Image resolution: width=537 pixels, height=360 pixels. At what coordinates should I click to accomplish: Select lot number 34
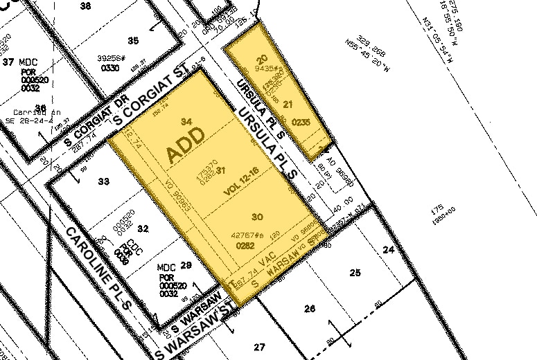tap(186, 122)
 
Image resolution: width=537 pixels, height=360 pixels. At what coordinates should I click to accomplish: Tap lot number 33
tap(104, 181)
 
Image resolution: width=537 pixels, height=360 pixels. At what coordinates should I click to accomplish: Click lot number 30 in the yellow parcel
tap(257, 217)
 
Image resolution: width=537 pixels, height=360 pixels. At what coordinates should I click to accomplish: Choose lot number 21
tap(288, 104)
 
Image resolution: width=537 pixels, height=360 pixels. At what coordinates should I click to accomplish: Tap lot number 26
tap(309, 309)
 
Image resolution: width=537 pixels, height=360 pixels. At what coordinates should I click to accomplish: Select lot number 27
tap(260, 346)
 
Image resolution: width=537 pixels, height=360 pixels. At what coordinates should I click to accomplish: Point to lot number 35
tap(134, 39)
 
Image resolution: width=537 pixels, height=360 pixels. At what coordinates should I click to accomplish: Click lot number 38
tap(86, 6)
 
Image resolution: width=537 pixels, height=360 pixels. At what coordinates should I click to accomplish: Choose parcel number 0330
tap(112, 68)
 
